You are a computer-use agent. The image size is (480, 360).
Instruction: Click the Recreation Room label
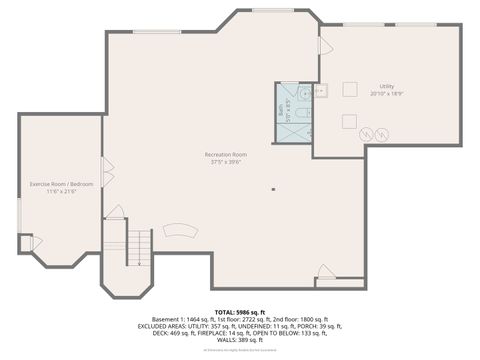[x=225, y=155]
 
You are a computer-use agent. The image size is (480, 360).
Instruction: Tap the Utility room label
[x=386, y=86]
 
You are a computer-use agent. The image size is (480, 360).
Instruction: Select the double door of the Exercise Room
[x=107, y=173]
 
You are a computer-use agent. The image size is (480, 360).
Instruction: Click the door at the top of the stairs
[x=116, y=212]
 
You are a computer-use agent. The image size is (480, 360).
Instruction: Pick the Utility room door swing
[x=324, y=45]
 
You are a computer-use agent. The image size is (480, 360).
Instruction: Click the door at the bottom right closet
[x=324, y=270]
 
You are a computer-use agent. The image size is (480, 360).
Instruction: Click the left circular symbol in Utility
[x=366, y=132]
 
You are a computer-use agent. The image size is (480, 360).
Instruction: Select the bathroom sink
[x=320, y=91]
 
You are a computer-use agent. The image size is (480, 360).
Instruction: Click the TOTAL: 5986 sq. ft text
[x=240, y=313]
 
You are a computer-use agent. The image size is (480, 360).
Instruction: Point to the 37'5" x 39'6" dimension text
[x=225, y=162]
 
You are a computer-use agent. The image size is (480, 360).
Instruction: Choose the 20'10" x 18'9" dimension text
[x=386, y=93]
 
